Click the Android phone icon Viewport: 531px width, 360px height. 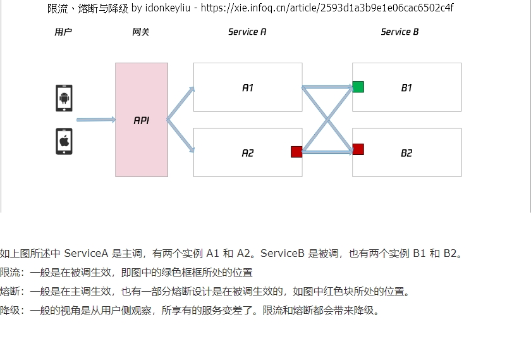coord(64,98)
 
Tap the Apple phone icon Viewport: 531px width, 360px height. coord(64,141)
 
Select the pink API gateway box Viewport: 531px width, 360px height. coord(142,120)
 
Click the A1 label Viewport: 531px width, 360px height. coord(248,88)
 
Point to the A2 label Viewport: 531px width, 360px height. coord(248,153)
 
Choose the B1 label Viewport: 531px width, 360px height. coord(406,88)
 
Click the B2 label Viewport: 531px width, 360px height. coord(406,153)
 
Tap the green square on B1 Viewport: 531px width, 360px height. coord(358,87)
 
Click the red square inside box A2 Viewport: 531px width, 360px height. coord(296,151)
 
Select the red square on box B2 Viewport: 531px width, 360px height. coord(358,149)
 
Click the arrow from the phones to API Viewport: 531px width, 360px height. coord(96,120)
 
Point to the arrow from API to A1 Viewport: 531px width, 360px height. coord(181,103)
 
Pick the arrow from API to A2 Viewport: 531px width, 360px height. coord(181,135)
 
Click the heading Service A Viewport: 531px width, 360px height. coord(247,32)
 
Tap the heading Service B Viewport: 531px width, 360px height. coord(400,32)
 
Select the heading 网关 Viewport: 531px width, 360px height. coord(141,32)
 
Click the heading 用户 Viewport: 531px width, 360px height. coord(63,32)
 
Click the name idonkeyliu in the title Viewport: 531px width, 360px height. coord(168,8)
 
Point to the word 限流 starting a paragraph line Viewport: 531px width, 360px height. coord(10,272)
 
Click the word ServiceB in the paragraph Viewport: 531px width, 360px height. coord(283,253)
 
